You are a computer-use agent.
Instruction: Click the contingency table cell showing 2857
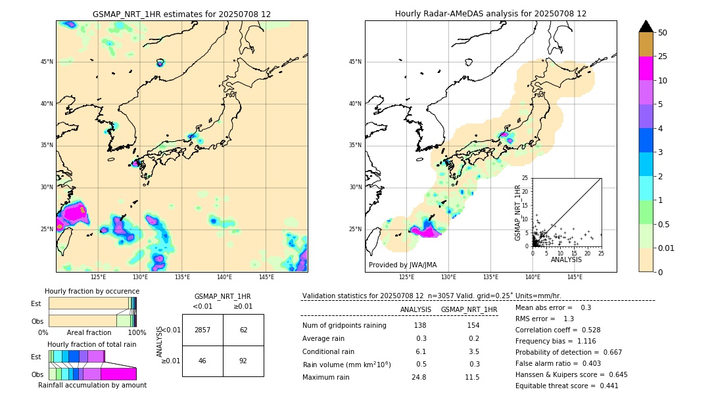(x=202, y=330)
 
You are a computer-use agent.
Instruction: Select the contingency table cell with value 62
(x=243, y=330)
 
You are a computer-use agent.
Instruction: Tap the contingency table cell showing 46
(x=202, y=361)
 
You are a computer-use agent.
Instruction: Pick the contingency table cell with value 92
(x=243, y=361)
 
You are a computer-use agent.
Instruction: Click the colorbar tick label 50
(x=663, y=33)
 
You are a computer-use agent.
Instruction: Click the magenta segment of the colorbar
(x=646, y=68)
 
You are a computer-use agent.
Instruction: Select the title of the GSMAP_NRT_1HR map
(x=181, y=14)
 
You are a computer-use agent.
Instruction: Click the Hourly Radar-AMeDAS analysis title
(x=490, y=14)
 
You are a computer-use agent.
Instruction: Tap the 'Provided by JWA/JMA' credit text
(x=402, y=265)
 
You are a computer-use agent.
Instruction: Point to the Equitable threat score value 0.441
(x=604, y=386)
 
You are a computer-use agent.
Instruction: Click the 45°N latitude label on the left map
(x=47, y=62)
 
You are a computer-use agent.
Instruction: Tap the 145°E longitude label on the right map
(x=575, y=277)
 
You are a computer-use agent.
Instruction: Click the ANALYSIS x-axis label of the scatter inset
(x=566, y=260)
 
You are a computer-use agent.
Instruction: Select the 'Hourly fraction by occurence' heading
(x=92, y=291)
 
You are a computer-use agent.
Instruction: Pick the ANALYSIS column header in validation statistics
(x=415, y=309)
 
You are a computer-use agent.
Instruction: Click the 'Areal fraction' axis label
(x=89, y=332)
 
